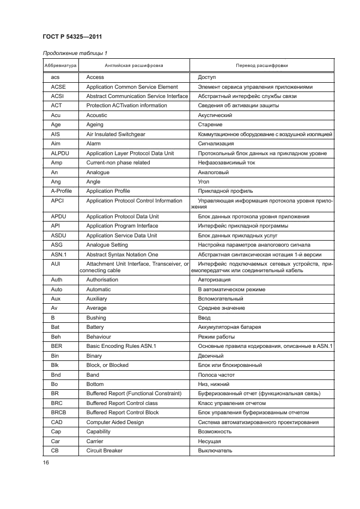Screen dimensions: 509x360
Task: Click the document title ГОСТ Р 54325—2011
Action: [72, 36]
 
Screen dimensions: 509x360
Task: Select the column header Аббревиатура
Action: [60, 65]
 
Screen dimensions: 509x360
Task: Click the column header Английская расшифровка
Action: [133, 65]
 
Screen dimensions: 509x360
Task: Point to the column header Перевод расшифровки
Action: [261, 65]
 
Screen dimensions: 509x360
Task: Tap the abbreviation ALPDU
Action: [59, 154]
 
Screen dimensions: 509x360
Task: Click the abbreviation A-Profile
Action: [61, 191]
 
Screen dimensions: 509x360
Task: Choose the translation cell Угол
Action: [204, 182]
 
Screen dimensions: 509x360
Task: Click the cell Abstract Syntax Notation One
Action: [122, 254]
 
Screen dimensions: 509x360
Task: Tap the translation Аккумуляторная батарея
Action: [229, 327]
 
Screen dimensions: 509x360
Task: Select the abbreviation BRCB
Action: [59, 413]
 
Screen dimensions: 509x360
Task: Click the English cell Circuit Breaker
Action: [105, 450]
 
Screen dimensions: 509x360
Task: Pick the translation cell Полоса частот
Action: [217, 375]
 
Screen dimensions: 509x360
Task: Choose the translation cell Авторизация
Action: [214, 280]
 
